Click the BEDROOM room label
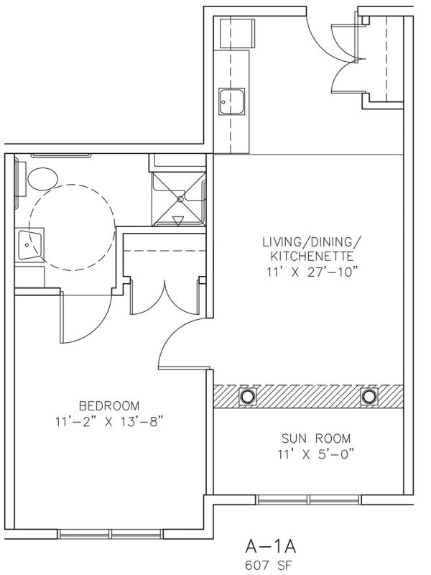(109, 406)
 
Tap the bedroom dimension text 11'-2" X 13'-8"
(109, 422)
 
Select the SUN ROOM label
(316, 438)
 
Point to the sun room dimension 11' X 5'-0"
(316, 454)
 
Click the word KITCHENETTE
(312, 256)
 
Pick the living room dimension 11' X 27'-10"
(312, 272)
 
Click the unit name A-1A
(271, 547)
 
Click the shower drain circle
(180, 199)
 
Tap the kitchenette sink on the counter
(231, 101)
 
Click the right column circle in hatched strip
(369, 396)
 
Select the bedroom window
(111, 533)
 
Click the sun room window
(308, 499)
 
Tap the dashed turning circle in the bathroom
(73, 185)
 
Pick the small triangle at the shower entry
(177, 221)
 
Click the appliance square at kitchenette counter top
(237, 33)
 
